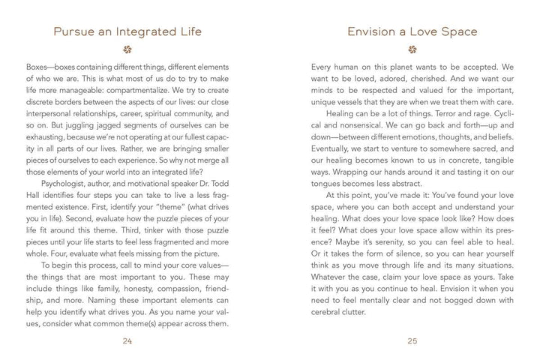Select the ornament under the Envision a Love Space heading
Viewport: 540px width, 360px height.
(x=412, y=51)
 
